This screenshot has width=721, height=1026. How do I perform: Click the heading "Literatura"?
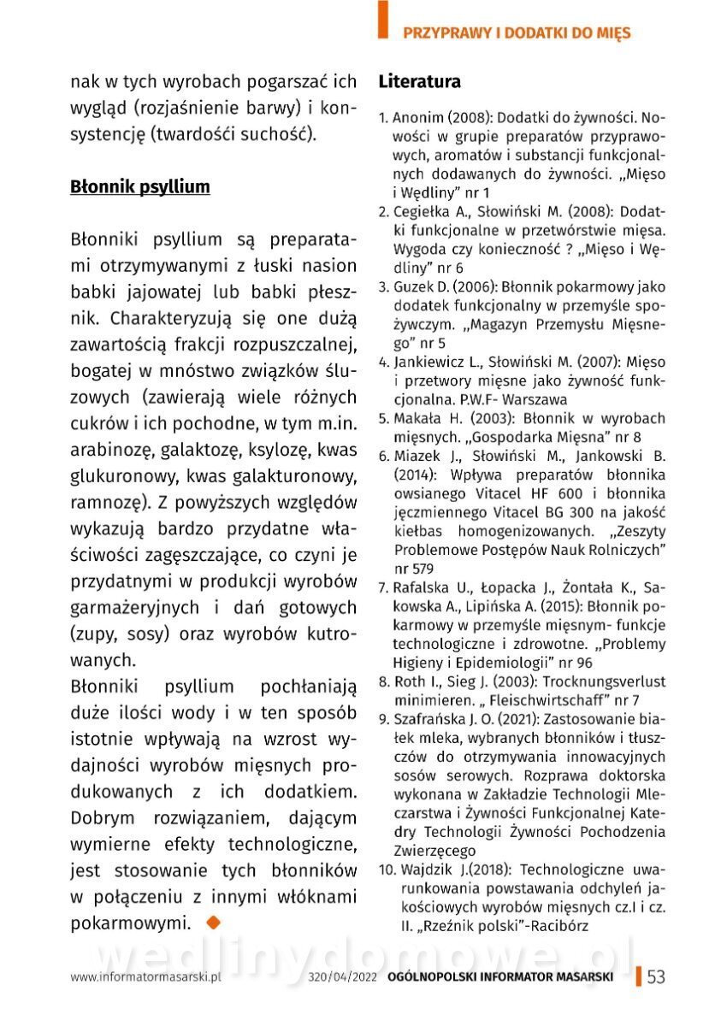419,82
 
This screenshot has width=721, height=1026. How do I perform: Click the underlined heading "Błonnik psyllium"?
139,186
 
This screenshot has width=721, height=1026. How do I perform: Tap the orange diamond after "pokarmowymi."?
213,922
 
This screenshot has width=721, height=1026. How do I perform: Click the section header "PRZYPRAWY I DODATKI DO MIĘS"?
517,33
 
